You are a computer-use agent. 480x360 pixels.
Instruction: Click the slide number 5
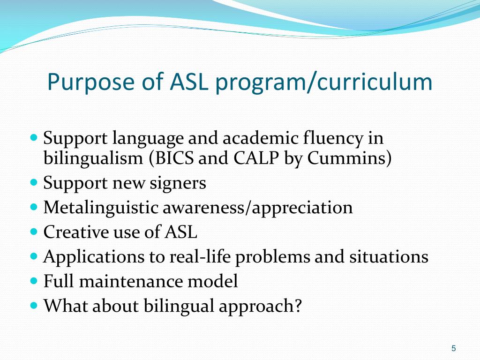[x=453, y=348]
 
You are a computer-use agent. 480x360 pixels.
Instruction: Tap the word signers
[x=178, y=183]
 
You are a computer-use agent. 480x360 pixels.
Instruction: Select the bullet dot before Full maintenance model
[x=33, y=280]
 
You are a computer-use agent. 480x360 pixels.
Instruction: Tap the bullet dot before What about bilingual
[x=33, y=305]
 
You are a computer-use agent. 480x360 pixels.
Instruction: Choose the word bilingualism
[x=93, y=158]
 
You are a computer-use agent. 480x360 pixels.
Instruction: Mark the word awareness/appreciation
[x=257, y=207]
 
